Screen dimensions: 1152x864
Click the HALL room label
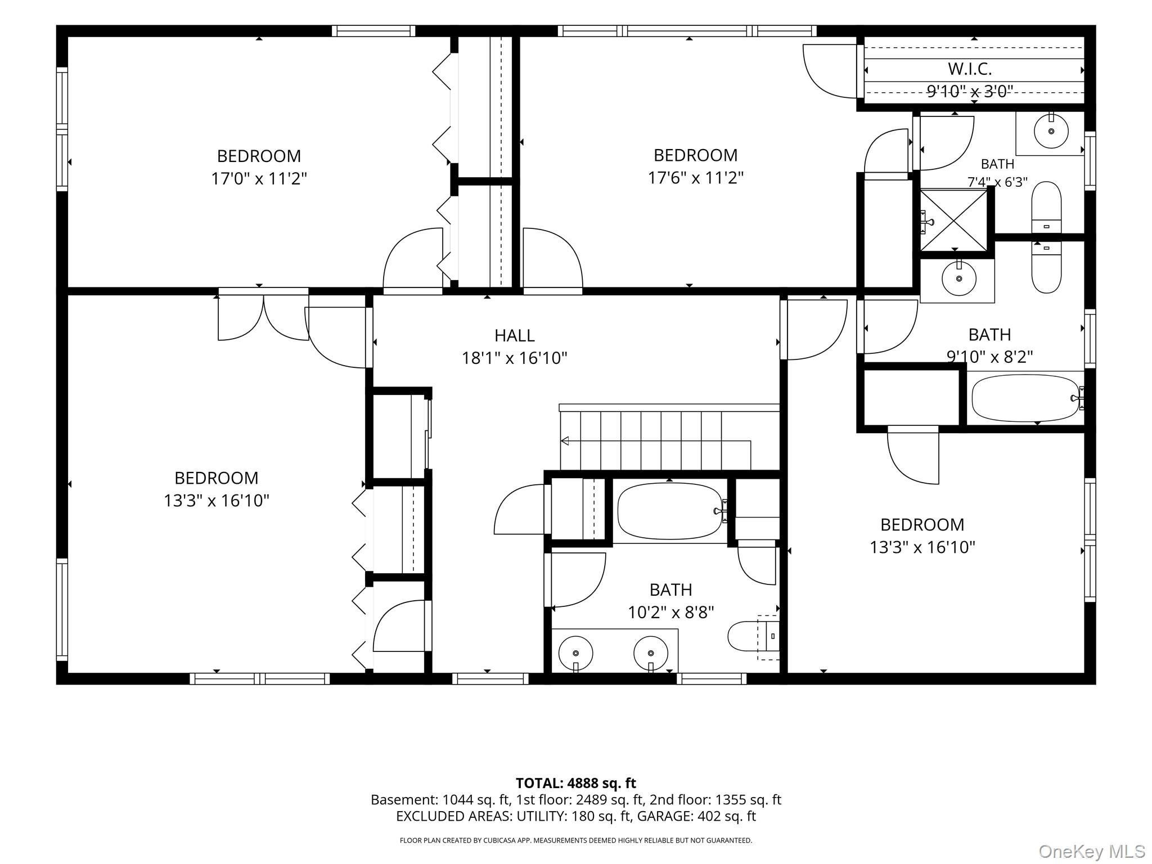tap(514, 335)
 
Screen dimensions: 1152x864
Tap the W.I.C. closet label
tap(970, 69)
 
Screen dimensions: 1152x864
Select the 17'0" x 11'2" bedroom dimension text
tap(259, 179)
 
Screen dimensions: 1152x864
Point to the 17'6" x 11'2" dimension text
tap(696, 178)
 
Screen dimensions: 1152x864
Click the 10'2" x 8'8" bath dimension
tap(671, 612)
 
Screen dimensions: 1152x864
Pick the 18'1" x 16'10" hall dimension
tap(515, 358)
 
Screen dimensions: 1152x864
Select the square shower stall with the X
tap(953, 220)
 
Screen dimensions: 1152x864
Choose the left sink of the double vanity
tap(575, 653)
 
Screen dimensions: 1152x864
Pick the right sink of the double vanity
tap(651, 653)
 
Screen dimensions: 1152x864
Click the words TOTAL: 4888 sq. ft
tap(576, 783)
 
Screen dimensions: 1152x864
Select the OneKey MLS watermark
tap(1092, 851)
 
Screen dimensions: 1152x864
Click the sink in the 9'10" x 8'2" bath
tap(958, 278)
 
